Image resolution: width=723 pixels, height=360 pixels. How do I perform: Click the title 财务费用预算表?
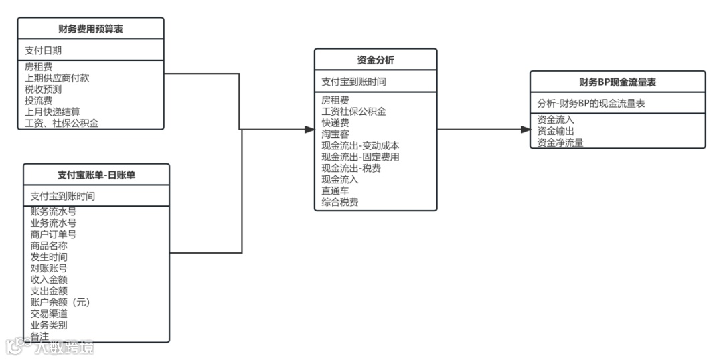click(x=90, y=29)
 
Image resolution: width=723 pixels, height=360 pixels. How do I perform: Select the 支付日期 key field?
click(x=44, y=50)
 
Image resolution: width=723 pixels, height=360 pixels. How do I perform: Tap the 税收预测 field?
click(x=43, y=89)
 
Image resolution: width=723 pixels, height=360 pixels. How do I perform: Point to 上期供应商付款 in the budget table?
click(x=57, y=78)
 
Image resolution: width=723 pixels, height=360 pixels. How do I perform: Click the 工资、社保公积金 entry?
click(x=62, y=123)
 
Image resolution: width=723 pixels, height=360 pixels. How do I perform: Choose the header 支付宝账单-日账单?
click(x=96, y=175)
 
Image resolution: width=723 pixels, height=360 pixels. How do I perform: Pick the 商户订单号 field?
click(x=53, y=234)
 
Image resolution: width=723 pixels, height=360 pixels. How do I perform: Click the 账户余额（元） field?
click(x=60, y=302)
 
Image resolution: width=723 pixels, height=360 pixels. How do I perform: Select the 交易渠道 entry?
click(x=48, y=313)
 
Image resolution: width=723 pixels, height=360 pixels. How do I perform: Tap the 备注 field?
click(x=39, y=336)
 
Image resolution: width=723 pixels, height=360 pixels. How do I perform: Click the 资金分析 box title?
click(x=376, y=60)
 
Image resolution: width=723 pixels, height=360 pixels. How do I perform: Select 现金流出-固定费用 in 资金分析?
click(x=360, y=157)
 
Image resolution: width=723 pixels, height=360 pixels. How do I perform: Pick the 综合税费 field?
click(x=339, y=202)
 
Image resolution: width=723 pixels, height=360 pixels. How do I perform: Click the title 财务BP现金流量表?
click(x=617, y=82)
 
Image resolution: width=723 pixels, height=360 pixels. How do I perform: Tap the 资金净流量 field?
click(x=560, y=142)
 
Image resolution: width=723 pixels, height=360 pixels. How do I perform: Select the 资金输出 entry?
click(x=555, y=130)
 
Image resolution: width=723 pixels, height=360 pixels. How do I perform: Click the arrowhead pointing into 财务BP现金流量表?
click(x=526, y=130)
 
